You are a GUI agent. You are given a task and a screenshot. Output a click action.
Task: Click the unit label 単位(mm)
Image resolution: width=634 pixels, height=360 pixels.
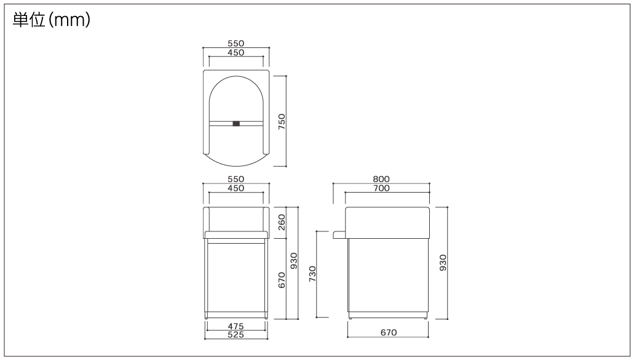[x=52, y=20]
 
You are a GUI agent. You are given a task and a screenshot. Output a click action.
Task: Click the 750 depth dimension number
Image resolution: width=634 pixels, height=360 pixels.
[x=282, y=121]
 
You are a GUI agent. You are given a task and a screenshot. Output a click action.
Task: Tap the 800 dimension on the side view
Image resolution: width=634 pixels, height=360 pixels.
[x=381, y=179]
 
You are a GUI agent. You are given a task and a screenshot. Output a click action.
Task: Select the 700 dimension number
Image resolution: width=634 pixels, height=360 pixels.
[x=381, y=188]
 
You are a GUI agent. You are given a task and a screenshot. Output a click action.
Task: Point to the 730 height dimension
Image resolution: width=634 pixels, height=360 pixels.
[x=312, y=274]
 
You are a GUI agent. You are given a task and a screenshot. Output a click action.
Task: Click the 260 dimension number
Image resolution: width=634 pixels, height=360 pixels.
[x=282, y=223]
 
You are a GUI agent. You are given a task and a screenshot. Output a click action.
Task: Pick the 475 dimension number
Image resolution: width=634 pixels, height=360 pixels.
[x=236, y=326]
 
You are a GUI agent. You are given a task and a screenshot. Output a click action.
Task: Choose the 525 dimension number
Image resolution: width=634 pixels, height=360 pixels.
[x=236, y=335]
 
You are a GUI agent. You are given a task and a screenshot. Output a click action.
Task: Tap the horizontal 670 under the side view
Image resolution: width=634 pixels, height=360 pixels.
[x=389, y=332]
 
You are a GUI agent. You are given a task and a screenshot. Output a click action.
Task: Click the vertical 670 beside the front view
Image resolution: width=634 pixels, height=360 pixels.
[x=282, y=280]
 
